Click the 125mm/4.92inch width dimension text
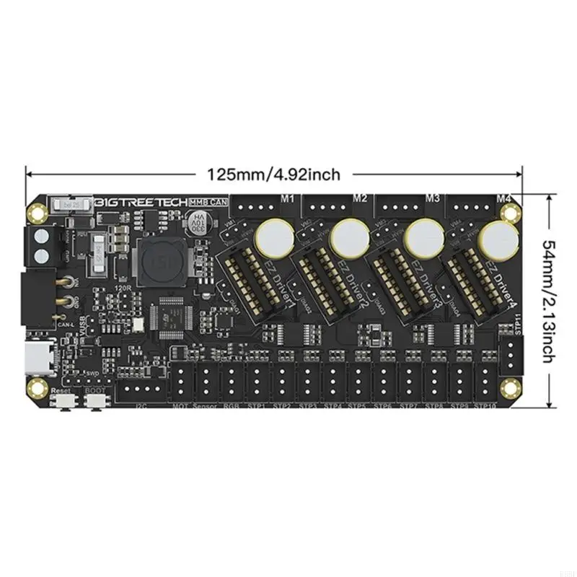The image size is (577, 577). (x=273, y=174)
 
